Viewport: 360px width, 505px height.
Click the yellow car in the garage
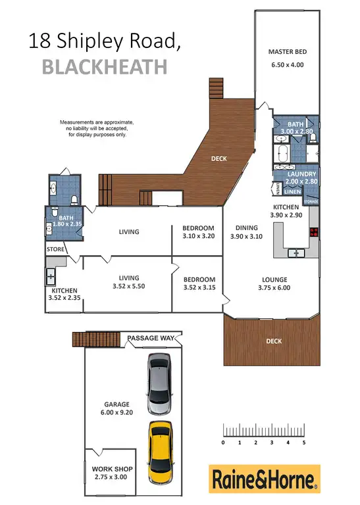click(159, 450)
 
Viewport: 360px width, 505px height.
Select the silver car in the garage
click(159, 380)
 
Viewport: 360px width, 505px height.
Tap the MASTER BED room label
click(288, 52)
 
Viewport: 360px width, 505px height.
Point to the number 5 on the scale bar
click(304, 443)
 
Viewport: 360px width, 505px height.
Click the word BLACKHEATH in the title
click(105, 66)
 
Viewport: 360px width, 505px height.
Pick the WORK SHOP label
click(109, 469)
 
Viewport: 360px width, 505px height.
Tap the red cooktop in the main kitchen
click(313, 231)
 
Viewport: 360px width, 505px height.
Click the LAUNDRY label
click(301, 174)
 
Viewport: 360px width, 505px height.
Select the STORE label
click(55, 250)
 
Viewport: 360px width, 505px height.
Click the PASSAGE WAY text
click(151, 338)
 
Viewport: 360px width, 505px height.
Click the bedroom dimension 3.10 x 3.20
click(198, 237)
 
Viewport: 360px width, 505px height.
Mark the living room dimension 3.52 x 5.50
click(127, 287)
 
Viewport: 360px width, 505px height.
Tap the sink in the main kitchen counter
click(297, 252)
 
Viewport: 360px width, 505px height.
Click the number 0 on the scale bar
click(224, 443)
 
